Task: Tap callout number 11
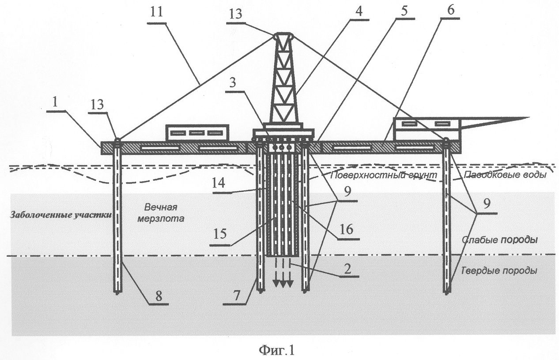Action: [157, 12]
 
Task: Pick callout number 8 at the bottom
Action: [159, 296]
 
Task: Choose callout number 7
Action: [237, 296]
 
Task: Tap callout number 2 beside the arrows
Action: [347, 269]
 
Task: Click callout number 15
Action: [220, 233]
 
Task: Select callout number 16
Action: [346, 229]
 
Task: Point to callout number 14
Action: [219, 183]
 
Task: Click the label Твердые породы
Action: [499, 271]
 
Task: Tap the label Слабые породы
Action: [499, 240]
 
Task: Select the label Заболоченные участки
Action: [60, 215]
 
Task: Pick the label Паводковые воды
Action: [505, 175]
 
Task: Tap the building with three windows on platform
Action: [197, 133]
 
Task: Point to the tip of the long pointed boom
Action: [529, 117]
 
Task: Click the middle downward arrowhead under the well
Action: [283, 284]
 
